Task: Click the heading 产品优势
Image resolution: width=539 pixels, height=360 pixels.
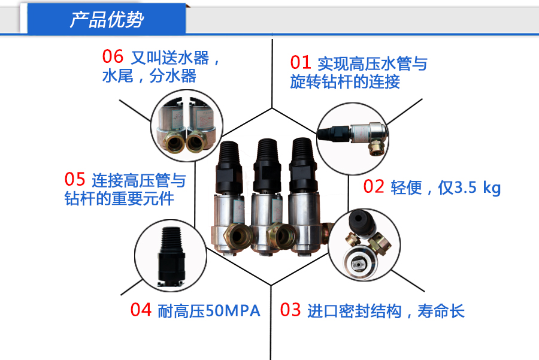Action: pos(107,20)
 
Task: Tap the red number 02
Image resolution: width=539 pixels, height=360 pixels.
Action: pos(374,187)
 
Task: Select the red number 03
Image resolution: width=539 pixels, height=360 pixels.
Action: pos(290,310)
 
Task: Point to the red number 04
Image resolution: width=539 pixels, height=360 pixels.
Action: pos(141,310)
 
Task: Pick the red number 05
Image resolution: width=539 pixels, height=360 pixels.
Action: pos(75,180)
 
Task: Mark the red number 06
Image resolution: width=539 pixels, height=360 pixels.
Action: pos(113,58)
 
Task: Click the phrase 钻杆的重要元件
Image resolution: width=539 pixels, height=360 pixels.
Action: pos(119,199)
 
